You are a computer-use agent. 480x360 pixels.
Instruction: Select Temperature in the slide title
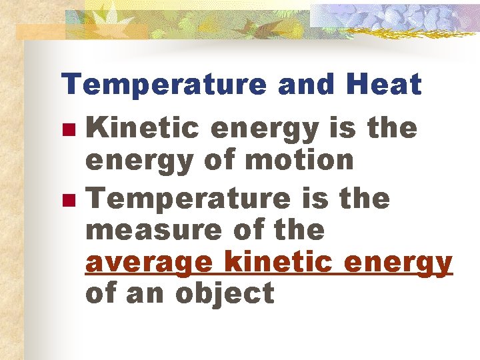pos(164,85)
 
